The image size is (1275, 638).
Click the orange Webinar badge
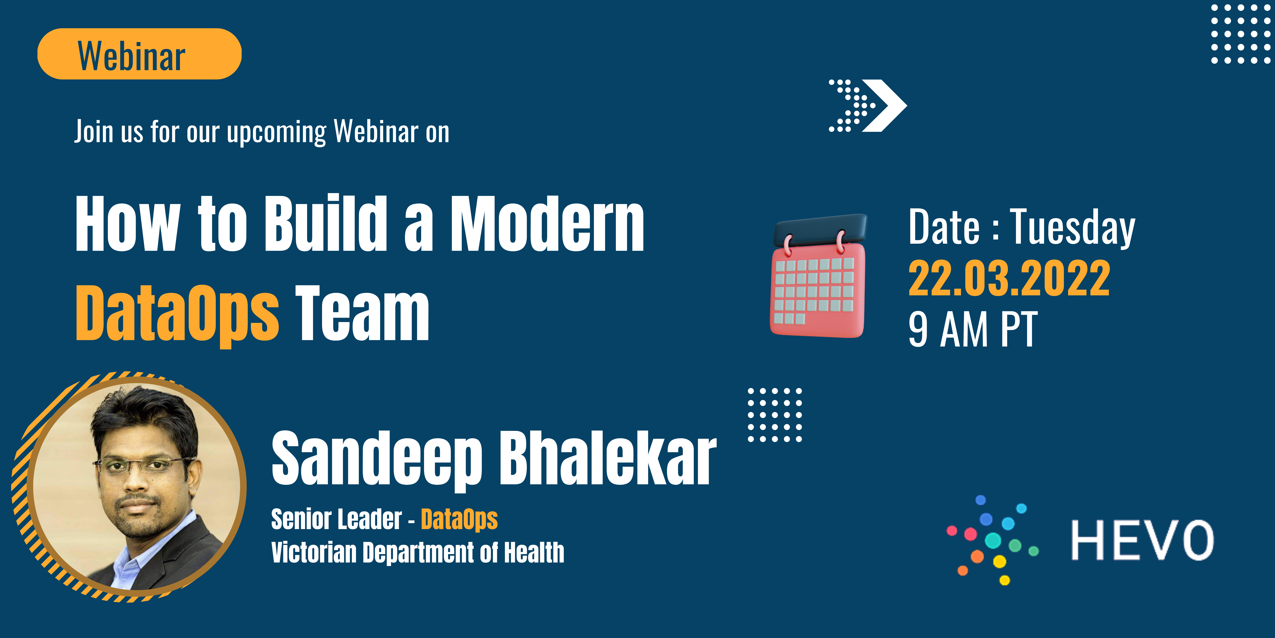[140, 54]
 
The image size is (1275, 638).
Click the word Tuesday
[1073, 227]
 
